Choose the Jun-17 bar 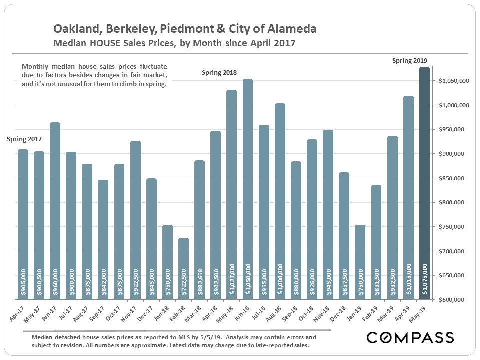click(55, 210)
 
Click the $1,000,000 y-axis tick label click(454, 105)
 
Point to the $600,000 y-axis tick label click(454, 300)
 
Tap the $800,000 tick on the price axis click(454, 202)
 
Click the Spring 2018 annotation click(219, 73)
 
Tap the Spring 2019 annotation click(410, 61)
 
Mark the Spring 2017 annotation click(24, 139)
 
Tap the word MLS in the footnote click(168, 337)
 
